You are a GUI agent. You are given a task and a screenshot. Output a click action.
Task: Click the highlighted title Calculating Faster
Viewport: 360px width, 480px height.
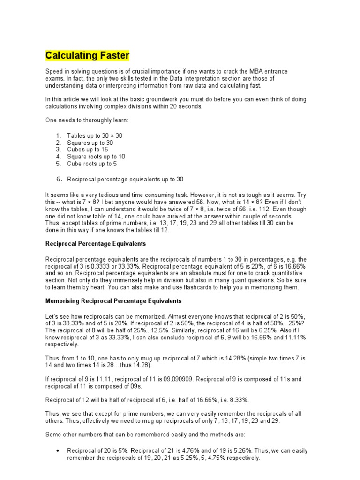pos(87,56)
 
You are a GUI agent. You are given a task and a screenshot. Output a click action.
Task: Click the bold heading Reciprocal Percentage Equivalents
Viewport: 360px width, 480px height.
pos(96,244)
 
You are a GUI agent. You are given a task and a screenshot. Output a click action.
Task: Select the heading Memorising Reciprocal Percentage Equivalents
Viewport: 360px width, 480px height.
pos(113,300)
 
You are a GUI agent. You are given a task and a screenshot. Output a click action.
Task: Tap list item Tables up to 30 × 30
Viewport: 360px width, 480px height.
pos(95,135)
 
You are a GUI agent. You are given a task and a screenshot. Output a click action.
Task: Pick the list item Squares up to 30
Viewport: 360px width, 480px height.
pos(90,142)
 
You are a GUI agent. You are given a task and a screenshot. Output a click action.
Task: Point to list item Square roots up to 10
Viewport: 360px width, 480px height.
pos(96,157)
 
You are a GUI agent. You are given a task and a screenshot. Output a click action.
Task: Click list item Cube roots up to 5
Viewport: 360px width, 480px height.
pos(92,164)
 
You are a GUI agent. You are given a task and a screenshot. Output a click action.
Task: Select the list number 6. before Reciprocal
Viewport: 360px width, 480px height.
pos(60,179)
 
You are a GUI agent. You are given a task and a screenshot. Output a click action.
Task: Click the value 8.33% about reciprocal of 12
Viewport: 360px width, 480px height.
pos(239,400)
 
